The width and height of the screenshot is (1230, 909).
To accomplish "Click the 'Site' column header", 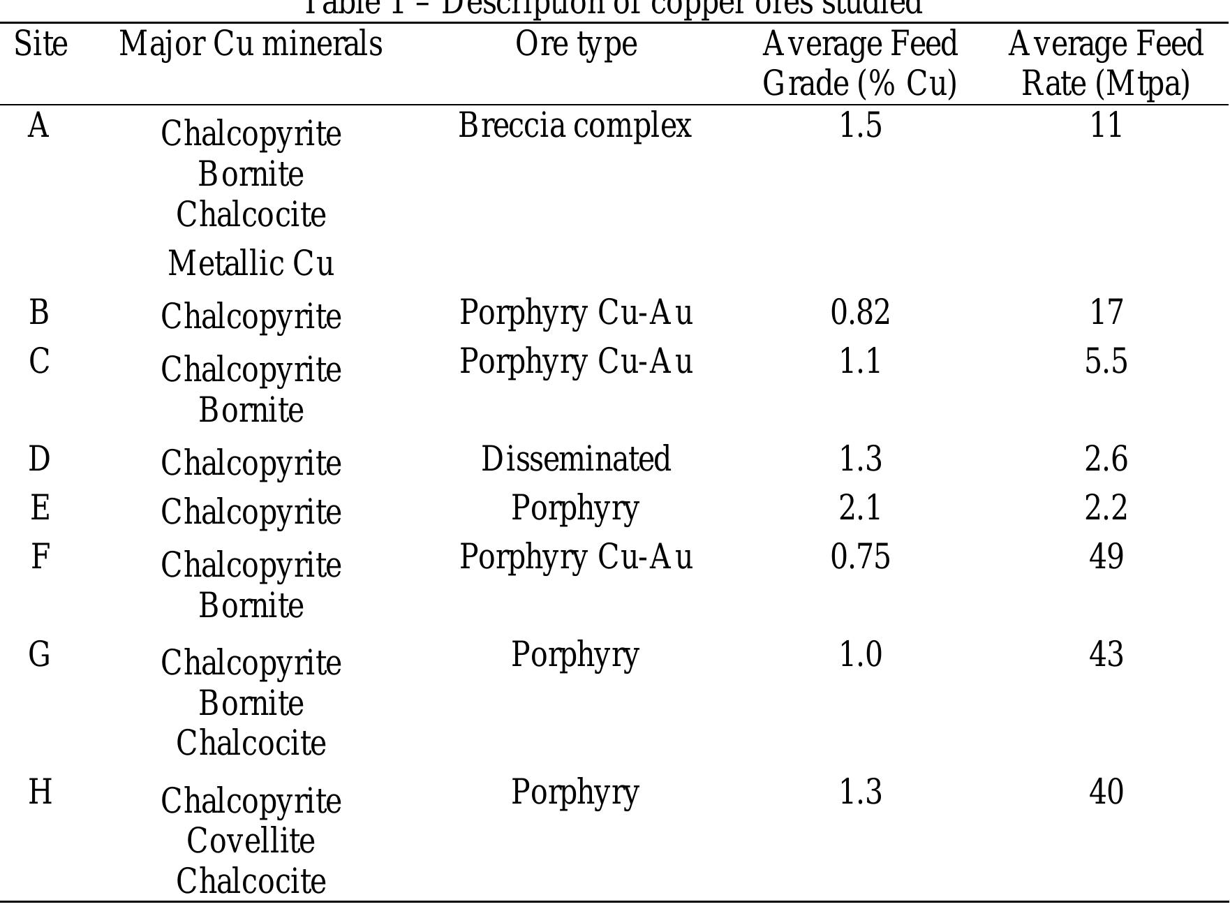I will click(x=40, y=44).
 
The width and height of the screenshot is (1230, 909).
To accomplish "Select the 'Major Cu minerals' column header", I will click(x=251, y=44).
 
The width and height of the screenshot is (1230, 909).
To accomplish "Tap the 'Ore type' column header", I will click(x=576, y=44).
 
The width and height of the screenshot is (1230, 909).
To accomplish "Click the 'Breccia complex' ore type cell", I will click(x=575, y=126).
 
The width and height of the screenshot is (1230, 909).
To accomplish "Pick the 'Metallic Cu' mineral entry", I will click(x=251, y=264).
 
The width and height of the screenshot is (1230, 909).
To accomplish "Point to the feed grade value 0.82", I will click(x=860, y=311).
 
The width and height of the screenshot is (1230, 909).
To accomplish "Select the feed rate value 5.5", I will click(x=1106, y=362).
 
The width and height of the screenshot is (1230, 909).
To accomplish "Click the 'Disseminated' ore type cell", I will click(x=576, y=459).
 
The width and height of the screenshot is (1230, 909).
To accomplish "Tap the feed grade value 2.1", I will click(x=860, y=508).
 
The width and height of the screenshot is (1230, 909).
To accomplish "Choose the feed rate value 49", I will click(x=1106, y=556).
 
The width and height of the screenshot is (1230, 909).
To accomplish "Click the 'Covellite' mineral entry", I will click(x=251, y=841).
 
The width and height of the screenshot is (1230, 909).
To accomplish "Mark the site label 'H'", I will click(x=40, y=792).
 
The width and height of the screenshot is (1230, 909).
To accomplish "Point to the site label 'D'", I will click(x=39, y=459).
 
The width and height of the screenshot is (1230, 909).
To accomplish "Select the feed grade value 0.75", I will click(x=860, y=556).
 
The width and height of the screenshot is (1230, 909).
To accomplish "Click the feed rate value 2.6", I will click(x=1106, y=459).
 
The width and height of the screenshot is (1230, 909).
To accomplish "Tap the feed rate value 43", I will click(x=1106, y=654).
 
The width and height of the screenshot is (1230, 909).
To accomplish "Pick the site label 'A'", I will click(x=38, y=126).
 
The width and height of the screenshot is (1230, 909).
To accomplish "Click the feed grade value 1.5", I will click(x=860, y=126).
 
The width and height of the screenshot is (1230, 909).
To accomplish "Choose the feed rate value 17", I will click(x=1106, y=311).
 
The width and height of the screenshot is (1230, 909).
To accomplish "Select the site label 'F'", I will click(x=40, y=557).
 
